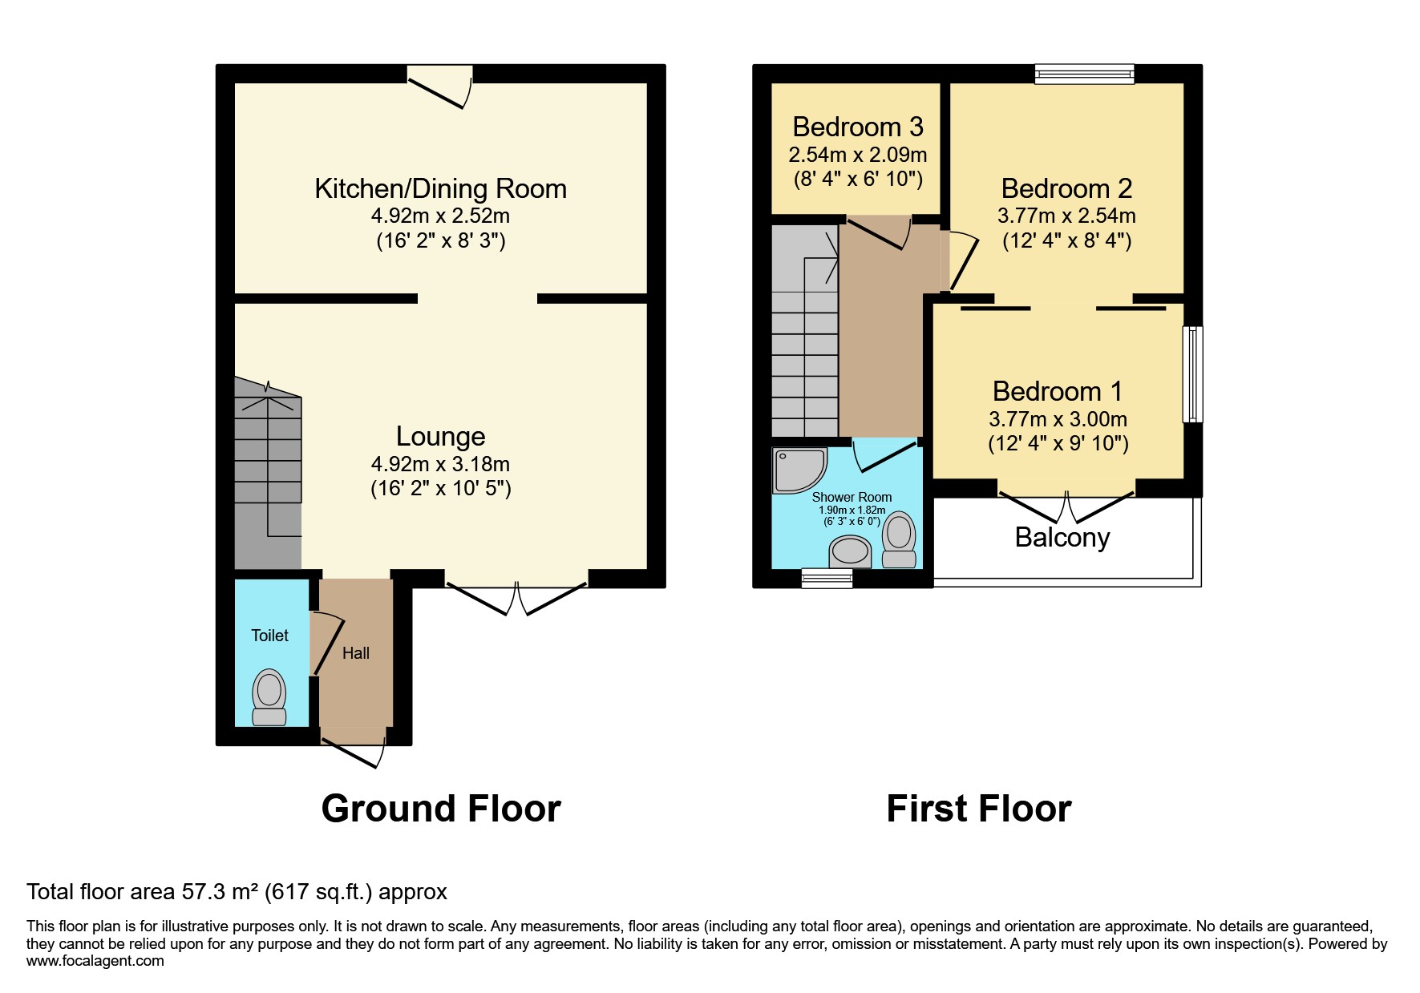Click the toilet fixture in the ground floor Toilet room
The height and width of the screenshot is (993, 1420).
click(x=269, y=696)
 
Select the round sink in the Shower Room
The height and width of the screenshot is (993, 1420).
click(x=850, y=551)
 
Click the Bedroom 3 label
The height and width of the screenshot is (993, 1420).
click(x=857, y=127)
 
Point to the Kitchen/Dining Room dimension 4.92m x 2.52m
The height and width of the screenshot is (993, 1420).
click(x=440, y=216)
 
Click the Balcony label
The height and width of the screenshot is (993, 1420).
click(x=1062, y=537)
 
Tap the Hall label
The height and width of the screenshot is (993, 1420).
click(x=355, y=653)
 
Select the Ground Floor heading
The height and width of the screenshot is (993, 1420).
click(x=440, y=809)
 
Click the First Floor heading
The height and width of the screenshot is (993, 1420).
click(x=978, y=809)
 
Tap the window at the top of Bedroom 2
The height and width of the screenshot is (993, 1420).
click(x=1084, y=75)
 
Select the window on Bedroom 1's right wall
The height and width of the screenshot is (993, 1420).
click(x=1193, y=373)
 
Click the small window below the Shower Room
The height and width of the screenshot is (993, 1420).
click(x=827, y=578)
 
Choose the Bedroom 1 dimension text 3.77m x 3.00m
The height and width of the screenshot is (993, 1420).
click(x=1058, y=419)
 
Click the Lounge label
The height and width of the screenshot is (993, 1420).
click(x=440, y=436)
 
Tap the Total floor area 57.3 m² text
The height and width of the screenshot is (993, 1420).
click(x=237, y=892)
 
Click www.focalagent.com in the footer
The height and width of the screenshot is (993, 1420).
click(x=95, y=961)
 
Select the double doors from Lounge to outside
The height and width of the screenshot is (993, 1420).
click(x=516, y=597)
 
